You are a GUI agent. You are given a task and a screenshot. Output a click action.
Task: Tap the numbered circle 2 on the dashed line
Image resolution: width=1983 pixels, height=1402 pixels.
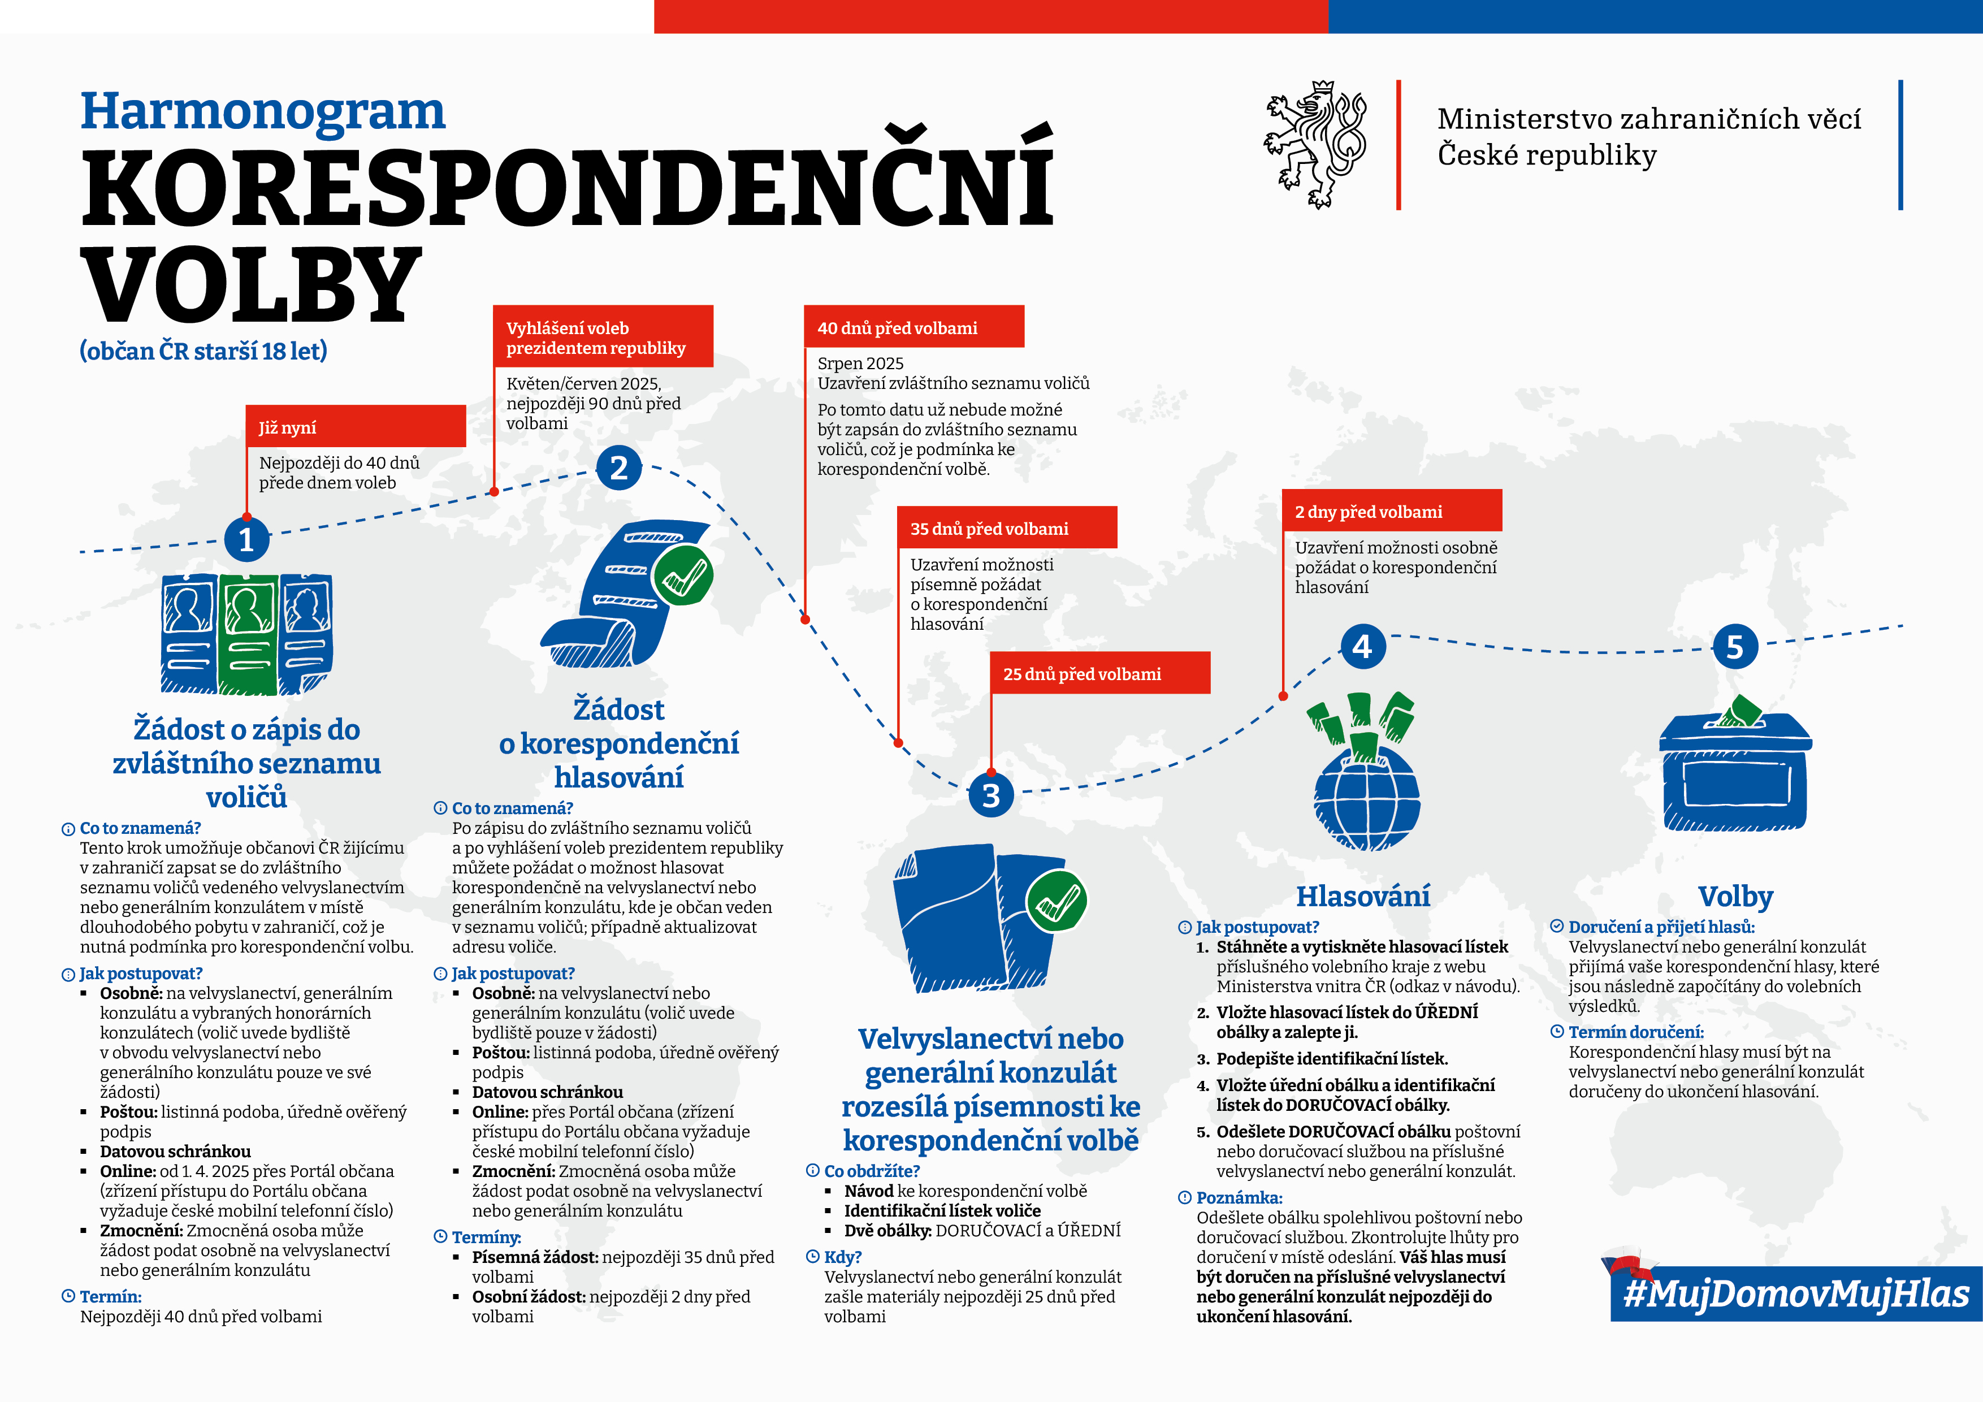(x=618, y=468)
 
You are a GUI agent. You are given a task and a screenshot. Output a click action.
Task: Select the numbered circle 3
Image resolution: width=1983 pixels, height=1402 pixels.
(x=990, y=795)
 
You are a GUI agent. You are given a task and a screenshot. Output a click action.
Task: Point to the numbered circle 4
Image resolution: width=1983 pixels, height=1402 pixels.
(x=1362, y=646)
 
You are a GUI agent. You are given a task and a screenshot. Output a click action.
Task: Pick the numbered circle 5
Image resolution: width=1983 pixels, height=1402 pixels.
(x=1734, y=647)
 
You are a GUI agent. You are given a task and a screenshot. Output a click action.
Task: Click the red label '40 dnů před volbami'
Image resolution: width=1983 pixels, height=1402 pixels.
(x=913, y=327)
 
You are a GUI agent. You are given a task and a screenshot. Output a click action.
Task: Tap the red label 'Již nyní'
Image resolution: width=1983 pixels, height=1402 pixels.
(x=355, y=427)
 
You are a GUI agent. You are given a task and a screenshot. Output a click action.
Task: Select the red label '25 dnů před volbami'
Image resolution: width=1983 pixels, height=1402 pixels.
(x=1099, y=673)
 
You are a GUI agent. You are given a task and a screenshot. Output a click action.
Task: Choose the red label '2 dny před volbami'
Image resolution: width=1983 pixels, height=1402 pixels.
(x=1391, y=510)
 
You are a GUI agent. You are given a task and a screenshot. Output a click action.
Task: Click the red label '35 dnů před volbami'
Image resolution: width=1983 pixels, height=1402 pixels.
(x=1006, y=528)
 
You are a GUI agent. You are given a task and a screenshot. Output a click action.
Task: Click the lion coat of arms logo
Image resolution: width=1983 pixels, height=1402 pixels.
(x=1315, y=144)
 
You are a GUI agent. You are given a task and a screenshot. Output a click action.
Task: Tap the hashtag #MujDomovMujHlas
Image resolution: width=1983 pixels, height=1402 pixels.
(x=1796, y=1293)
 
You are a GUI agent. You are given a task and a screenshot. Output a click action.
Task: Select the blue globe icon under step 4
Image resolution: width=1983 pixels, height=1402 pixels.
(x=1366, y=797)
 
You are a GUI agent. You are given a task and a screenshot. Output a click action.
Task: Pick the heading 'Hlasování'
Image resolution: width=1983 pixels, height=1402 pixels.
(x=1363, y=897)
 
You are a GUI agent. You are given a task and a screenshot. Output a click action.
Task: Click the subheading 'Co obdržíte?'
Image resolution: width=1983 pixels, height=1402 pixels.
(x=872, y=1170)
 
